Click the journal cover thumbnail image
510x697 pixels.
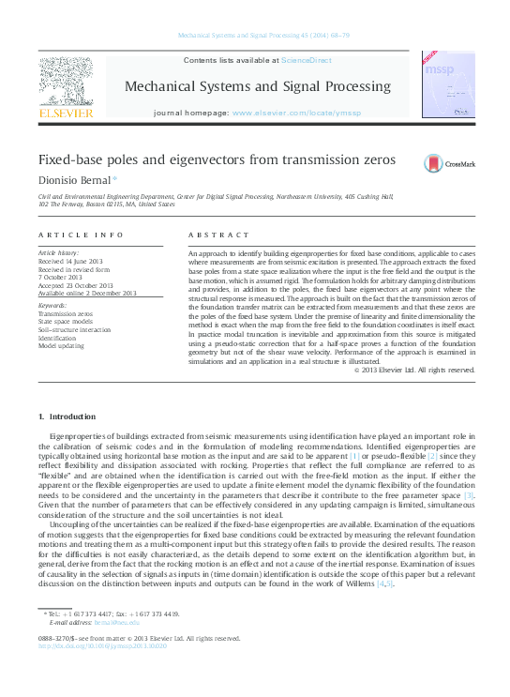(442, 84)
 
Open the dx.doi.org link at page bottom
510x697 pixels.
(102, 673)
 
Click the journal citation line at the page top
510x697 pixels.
(256, 36)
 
